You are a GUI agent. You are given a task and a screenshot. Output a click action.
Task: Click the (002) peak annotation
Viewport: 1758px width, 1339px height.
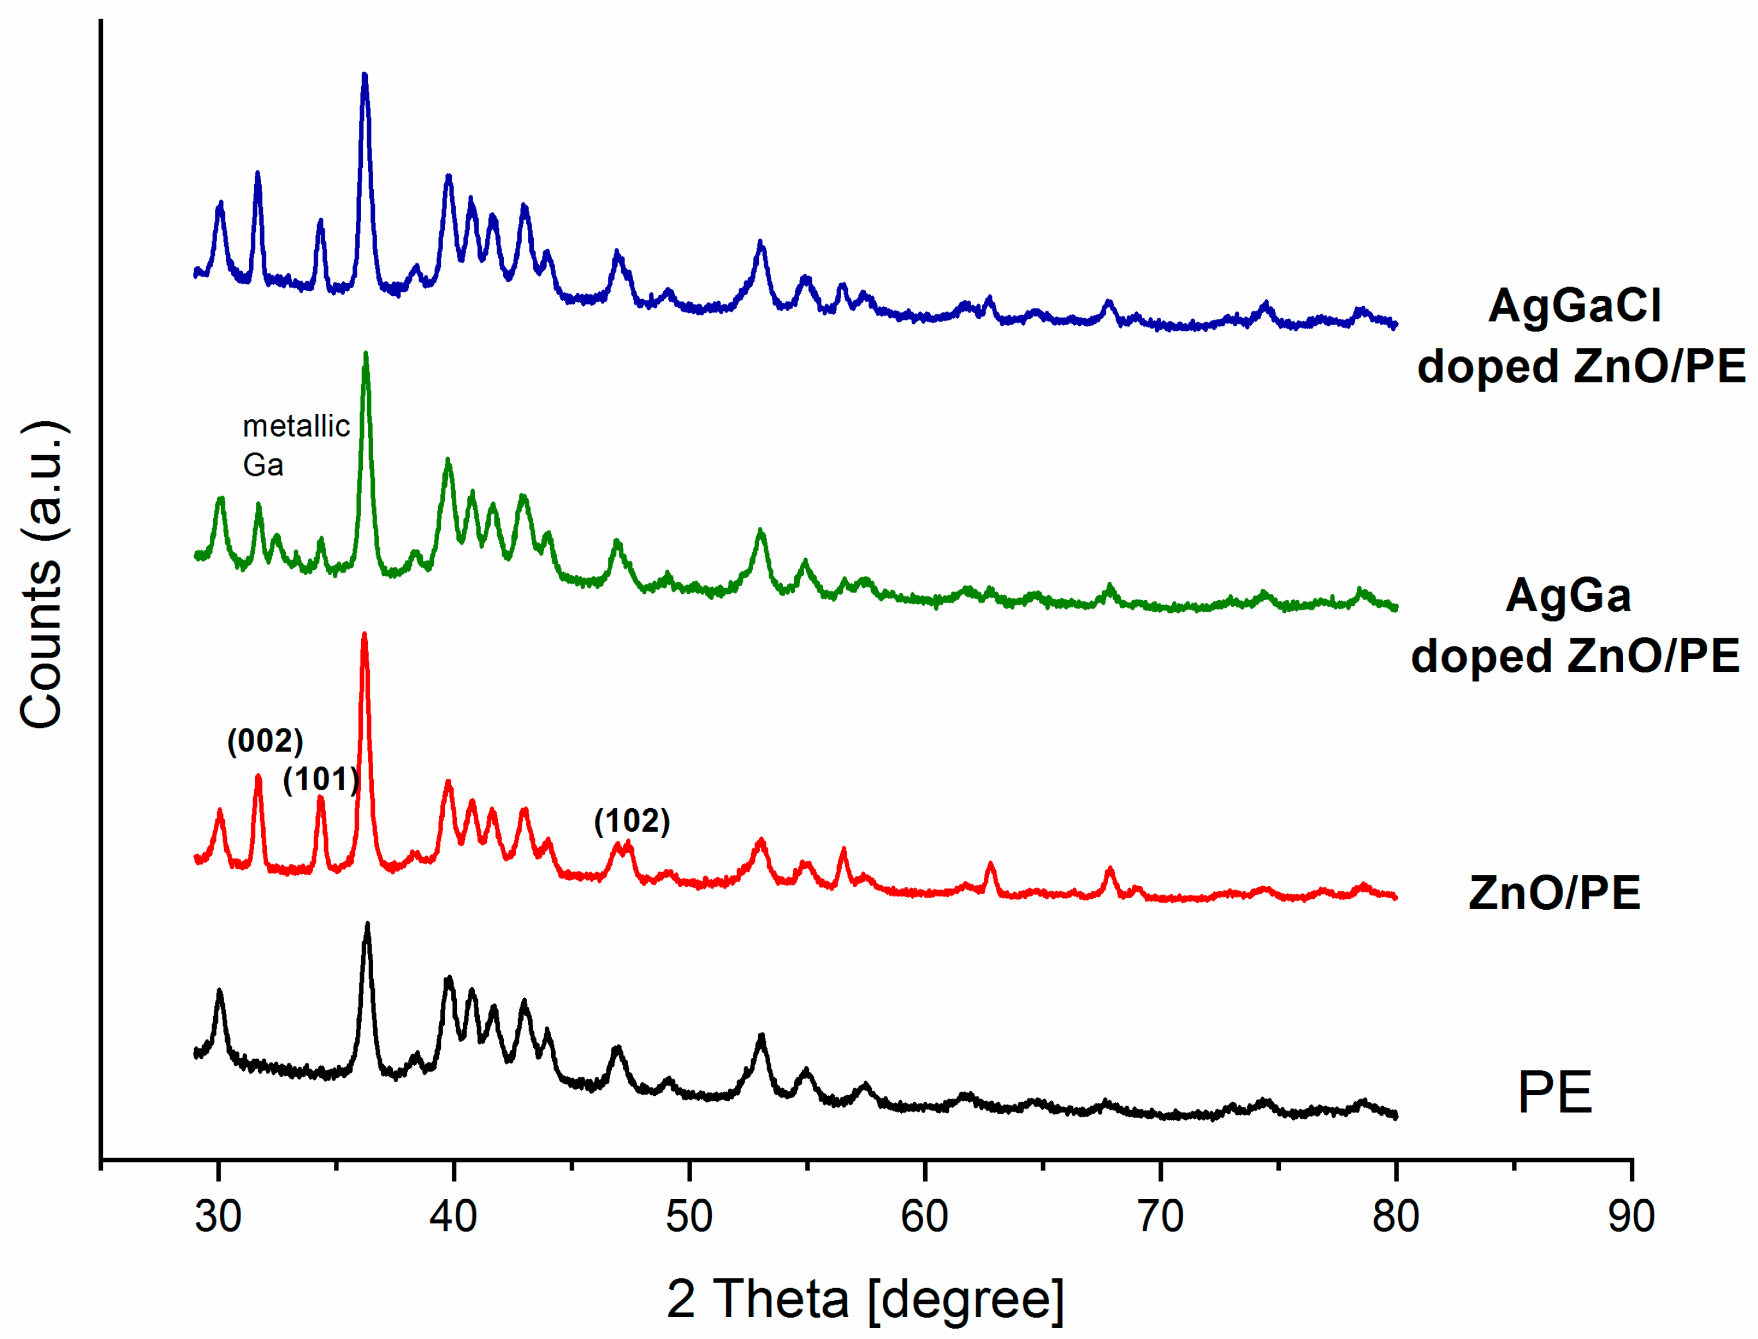tap(265, 741)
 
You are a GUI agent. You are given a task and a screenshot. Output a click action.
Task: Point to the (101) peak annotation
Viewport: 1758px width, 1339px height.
tap(321, 779)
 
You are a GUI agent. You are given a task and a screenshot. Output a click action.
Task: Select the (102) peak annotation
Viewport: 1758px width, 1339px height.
tap(632, 821)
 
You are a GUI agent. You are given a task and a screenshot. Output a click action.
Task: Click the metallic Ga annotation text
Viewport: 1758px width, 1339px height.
tap(295, 445)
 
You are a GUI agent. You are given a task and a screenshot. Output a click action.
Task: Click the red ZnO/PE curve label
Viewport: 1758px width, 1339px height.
tap(1555, 892)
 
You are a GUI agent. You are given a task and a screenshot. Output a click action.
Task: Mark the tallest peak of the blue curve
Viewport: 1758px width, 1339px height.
tap(365, 76)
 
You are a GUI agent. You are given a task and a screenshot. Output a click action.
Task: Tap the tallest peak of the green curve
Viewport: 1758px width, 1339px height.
tap(366, 355)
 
